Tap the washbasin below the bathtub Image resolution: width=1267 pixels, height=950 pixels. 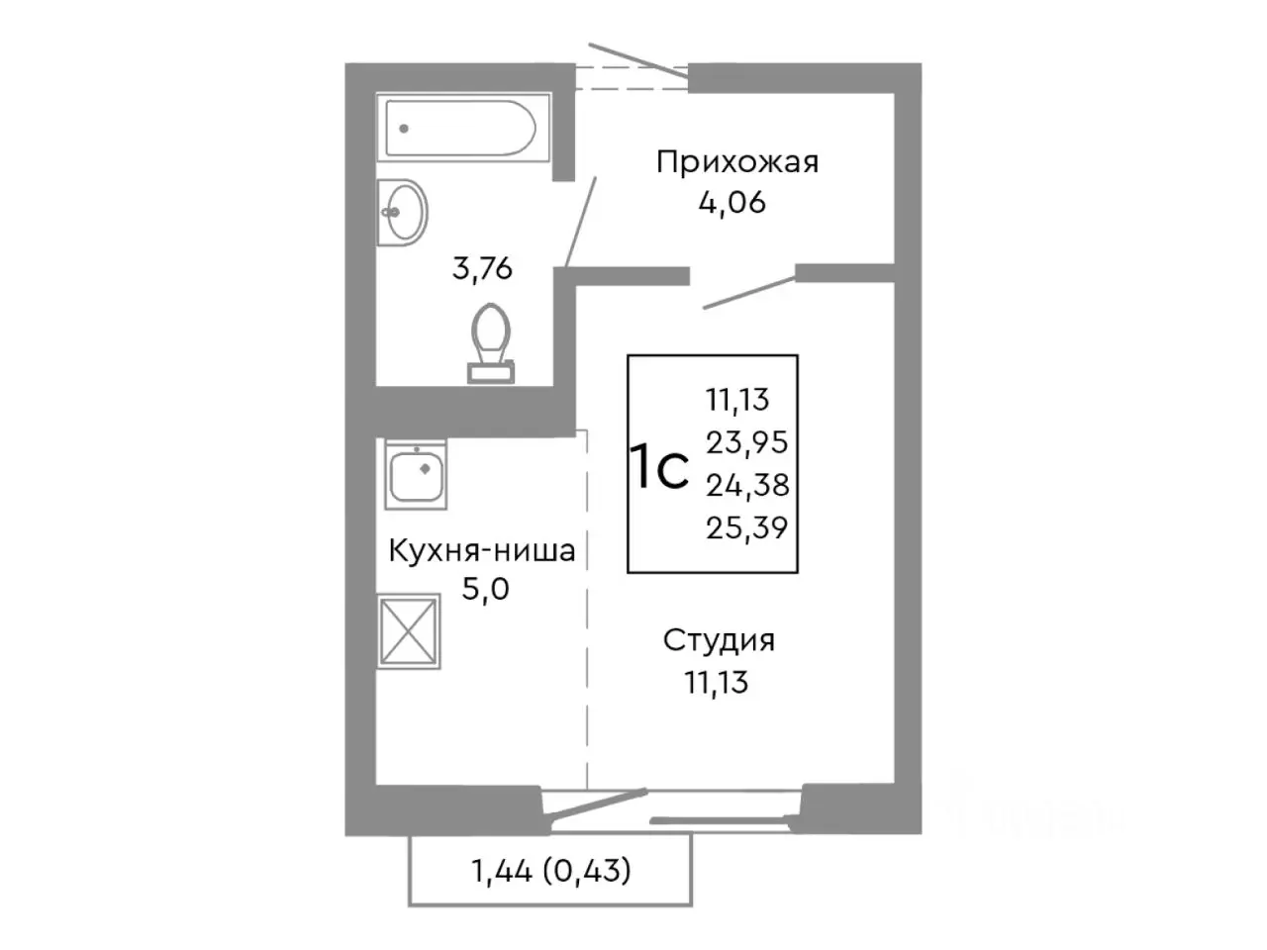point(404,211)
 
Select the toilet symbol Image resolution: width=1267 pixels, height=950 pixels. point(491,342)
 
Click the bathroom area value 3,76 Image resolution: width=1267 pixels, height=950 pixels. point(482,268)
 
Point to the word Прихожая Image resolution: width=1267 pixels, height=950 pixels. point(737,161)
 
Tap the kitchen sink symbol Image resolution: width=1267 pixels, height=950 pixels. point(416,475)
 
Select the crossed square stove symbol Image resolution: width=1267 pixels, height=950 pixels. point(409,629)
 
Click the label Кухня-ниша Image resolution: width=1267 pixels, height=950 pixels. point(481,550)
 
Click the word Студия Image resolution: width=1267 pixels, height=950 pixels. point(719,640)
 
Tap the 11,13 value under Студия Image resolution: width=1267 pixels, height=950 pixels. point(717,682)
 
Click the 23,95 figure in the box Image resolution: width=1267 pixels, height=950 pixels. point(746,441)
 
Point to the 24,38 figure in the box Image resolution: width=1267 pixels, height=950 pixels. point(746,485)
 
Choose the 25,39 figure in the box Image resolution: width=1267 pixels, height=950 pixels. point(746,528)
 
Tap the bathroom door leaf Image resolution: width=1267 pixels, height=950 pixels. point(581,223)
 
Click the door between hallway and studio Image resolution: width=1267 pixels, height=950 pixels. point(749,292)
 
